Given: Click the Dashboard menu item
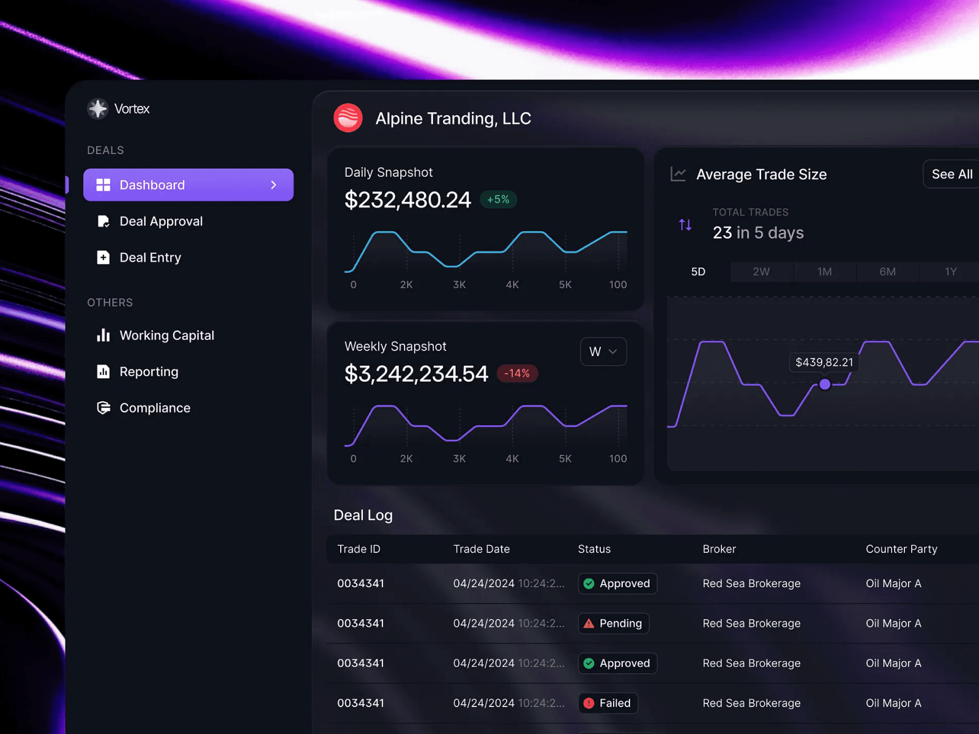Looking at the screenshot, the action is coord(188,185).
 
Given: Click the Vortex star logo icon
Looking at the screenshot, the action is coord(98,109).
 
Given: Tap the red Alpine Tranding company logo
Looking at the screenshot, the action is coord(348,118).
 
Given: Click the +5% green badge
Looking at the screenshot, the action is coord(498,199).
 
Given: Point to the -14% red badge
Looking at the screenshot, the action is coord(517,373).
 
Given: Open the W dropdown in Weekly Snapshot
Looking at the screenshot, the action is coord(603,352).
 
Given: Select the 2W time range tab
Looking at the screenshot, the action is coord(761,272).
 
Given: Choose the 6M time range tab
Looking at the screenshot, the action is coord(888,272).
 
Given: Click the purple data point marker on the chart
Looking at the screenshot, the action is coord(825,384).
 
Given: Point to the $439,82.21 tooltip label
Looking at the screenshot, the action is coord(824,362).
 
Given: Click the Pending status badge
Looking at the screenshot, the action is coord(614,623).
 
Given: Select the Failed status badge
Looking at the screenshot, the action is coord(608,703).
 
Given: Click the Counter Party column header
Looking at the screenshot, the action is coord(901,549).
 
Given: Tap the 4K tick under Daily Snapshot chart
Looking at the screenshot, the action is coord(512,284).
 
